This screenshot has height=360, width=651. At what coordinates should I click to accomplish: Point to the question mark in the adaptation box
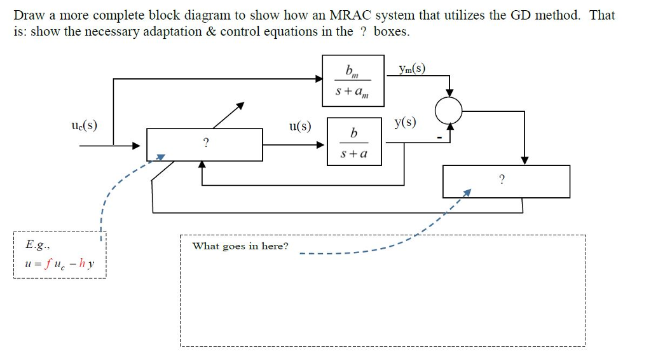(x=502, y=181)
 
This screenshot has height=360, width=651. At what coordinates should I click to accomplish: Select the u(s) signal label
(x=300, y=126)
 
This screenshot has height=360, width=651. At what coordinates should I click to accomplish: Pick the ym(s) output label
(x=411, y=69)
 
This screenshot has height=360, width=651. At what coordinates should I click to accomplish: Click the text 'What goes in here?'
(x=240, y=246)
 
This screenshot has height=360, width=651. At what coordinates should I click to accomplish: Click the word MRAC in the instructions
(x=345, y=15)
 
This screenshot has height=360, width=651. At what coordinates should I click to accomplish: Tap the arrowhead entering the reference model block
(x=319, y=79)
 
